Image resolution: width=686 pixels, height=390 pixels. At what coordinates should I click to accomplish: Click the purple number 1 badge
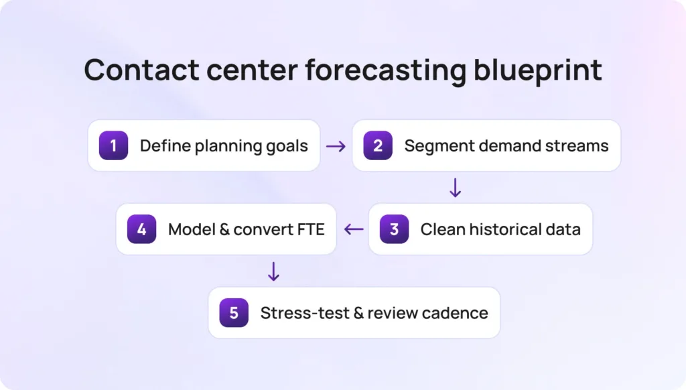113,145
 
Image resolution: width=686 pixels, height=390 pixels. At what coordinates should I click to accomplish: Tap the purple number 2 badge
378,145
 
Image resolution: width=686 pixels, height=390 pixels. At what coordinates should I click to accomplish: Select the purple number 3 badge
394,229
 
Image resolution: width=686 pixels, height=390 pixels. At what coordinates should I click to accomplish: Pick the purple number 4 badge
141,229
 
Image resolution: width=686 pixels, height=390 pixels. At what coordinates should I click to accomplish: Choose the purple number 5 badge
234,313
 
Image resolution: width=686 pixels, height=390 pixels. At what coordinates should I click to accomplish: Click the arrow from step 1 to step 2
336,145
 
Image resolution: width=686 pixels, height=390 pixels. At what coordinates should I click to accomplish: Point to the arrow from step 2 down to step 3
455,188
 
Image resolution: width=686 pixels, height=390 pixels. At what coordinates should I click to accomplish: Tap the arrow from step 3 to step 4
353,229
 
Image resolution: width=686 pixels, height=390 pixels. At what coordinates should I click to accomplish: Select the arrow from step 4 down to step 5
273,271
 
